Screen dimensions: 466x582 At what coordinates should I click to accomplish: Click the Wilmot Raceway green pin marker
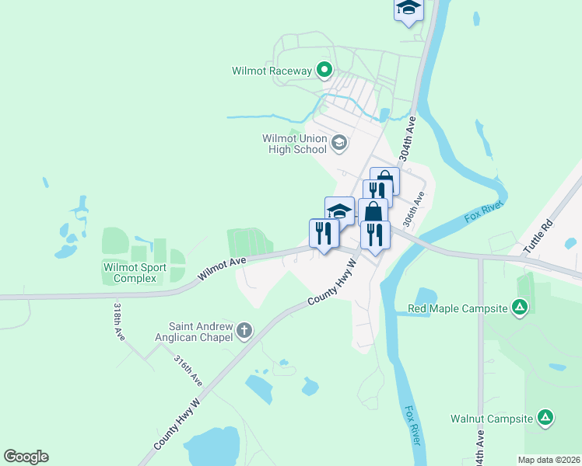click(325, 71)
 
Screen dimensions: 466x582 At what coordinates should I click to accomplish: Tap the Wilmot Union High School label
click(294, 144)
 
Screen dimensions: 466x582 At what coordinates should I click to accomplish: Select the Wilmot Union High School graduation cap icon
click(339, 143)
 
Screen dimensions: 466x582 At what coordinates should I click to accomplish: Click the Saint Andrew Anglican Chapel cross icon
click(244, 331)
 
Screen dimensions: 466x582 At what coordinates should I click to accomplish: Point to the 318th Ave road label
click(119, 322)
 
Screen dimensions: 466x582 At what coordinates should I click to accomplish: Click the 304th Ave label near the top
click(405, 139)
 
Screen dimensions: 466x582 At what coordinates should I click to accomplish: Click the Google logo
click(26, 457)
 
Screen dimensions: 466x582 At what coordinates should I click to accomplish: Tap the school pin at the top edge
click(408, 9)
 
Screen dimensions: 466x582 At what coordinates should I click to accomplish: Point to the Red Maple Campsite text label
click(458, 309)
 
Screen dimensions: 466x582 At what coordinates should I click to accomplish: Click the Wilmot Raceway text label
click(272, 71)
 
